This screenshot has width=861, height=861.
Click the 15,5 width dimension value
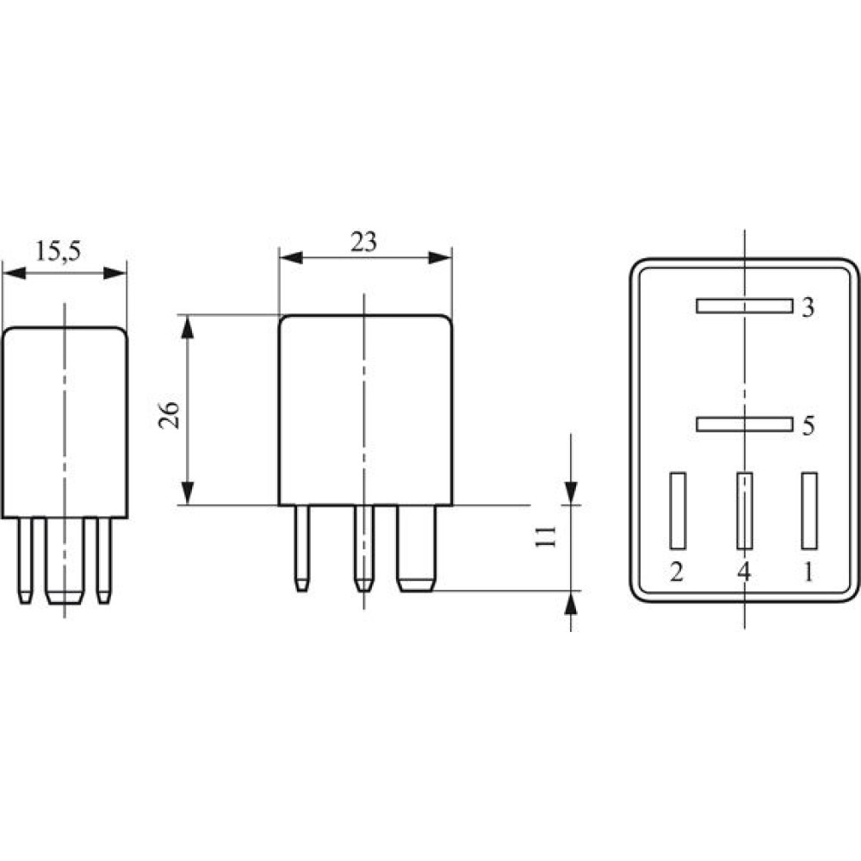pos(59,251)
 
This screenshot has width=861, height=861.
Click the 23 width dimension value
pos(364,242)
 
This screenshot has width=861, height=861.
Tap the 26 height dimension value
pos(169,415)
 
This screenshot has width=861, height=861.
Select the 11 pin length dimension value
pos(546,536)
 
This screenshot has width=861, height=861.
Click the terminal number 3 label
pos(808,307)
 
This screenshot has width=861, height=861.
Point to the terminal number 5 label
pos(808,425)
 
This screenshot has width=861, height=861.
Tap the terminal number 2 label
pos(677,573)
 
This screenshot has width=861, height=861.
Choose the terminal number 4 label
pos(744,573)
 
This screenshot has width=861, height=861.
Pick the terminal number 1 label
pos(808,573)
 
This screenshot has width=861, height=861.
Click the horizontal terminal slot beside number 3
pos(745,306)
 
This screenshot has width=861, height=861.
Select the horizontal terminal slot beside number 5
pos(745,424)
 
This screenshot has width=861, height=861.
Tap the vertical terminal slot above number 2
pos(678,511)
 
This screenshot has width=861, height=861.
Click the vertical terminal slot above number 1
pos(809,511)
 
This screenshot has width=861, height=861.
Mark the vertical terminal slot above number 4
pos(745,511)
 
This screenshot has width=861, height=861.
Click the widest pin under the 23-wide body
pos(416,548)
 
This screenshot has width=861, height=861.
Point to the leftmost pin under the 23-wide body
pos(302,548)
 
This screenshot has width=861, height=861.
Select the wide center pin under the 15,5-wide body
pos(65,561)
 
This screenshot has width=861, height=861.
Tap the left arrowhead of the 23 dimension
pos(291,257)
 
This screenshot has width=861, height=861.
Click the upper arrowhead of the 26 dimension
pos(188,327)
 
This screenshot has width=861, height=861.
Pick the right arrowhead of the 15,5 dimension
pos(115,273)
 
